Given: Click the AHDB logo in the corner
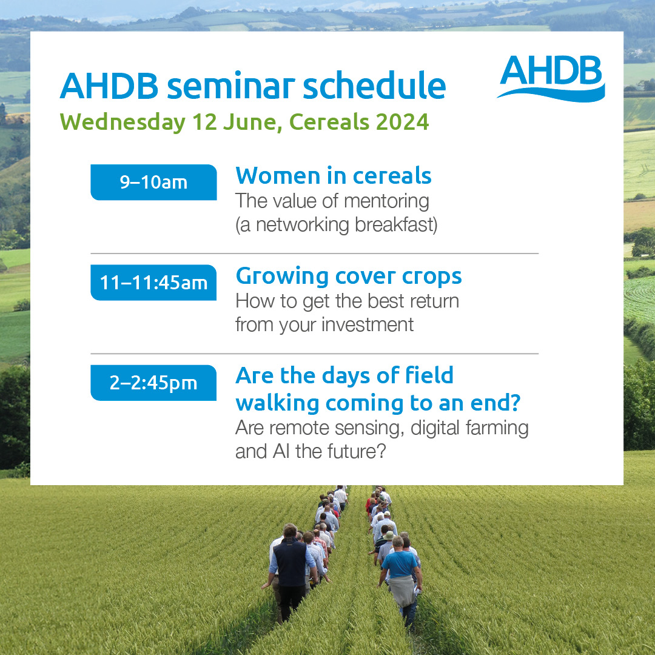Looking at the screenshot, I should (551, 78).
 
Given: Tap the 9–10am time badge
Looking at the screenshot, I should (153, 182).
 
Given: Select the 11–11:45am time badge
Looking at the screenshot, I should (153, 283).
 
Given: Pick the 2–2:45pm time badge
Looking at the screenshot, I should (153, 383).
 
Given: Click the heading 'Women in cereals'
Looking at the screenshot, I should (333, 176).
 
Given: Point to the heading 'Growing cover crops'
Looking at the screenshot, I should (348, 276).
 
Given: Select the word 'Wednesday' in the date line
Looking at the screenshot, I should (123, 122).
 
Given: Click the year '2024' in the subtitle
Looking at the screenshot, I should (401, 122).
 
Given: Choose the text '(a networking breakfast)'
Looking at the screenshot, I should (336, 224).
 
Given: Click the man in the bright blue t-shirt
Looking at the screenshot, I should (400, 567).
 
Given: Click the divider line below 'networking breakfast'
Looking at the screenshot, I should (314, 254).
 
